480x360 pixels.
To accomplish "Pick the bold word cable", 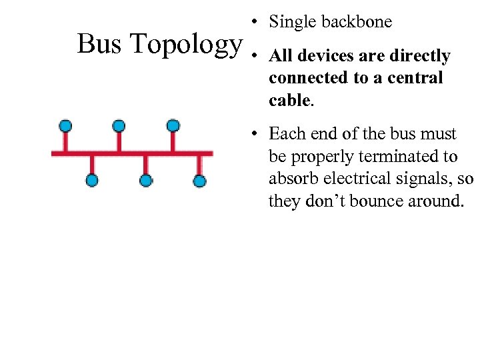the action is [x=289, y=100].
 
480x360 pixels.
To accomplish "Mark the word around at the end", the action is [x=437, y=201].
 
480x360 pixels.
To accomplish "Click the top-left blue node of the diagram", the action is [x=65, y=125].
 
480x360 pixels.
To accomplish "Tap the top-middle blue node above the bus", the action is [x=119, y=125].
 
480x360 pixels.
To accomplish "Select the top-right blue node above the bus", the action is [x=173, y=125].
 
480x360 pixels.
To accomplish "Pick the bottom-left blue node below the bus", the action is [x=92, y=180].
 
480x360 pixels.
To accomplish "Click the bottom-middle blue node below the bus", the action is [x=146, y=180].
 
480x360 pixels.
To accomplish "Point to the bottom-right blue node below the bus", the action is [x=199, y=180].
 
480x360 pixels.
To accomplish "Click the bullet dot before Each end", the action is [x=255, y=134].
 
